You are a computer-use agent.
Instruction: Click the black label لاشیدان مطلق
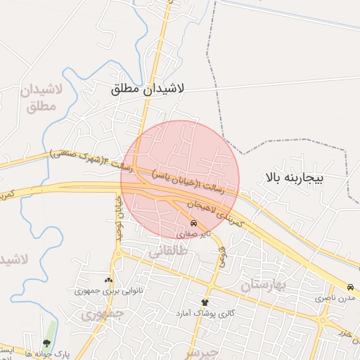[x=148, y=90]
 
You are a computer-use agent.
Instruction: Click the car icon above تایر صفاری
[x=194, y=224]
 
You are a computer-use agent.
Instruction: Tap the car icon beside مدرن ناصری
[x=349, y=288]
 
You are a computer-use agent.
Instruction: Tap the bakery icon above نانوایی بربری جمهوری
[x=108, y=280]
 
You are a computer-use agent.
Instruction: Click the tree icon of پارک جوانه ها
[x=47, y=343]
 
